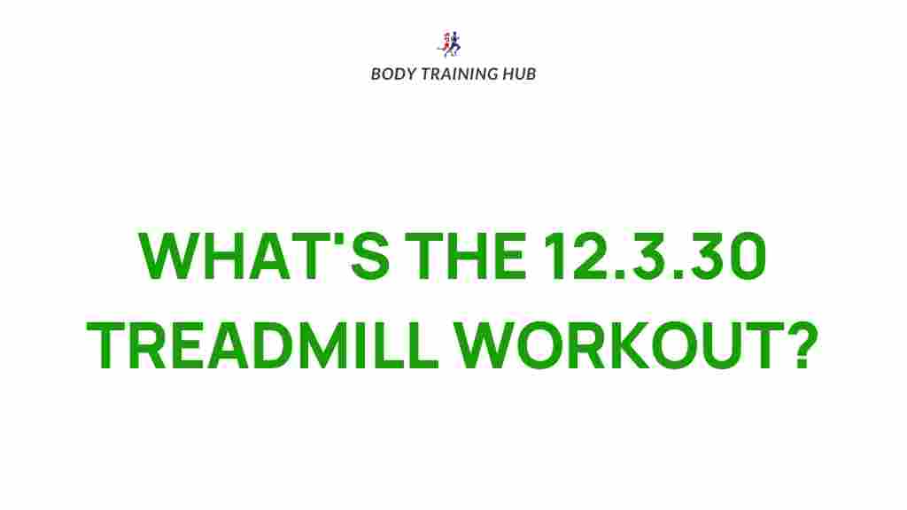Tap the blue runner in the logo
pos(455,43)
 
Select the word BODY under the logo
pos(391,73)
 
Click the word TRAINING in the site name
pos(453,73)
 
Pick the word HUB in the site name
pos(518,73)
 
